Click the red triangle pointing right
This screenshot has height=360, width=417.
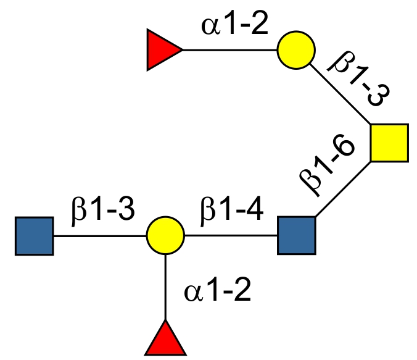[x=162, y=50]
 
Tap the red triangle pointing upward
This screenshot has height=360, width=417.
[x=165, y=340]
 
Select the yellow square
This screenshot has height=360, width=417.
[x=390, y=143]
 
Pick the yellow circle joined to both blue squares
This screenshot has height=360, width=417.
[x=165, y=235]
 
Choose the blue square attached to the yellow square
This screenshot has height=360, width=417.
[x=297, y=235]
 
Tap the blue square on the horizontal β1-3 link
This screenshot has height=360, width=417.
[x=35, y=235]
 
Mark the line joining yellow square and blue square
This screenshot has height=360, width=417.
[x=343, y=189]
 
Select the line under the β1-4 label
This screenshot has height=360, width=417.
[x=231, y=235]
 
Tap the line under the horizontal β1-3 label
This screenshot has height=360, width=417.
[x=100, y=235]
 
